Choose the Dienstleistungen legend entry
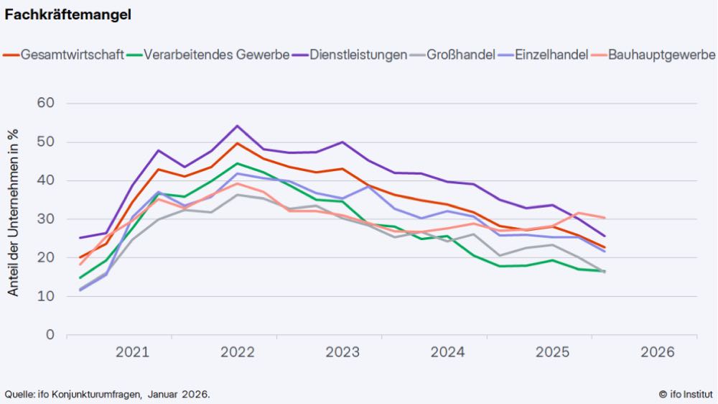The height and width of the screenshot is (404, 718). point(358,55)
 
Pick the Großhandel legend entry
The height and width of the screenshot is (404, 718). point(460,55)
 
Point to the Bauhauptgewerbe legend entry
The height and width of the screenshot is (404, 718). point(661,55)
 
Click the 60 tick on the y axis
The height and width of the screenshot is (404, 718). point(46,104)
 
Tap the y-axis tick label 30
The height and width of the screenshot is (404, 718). point(46,219)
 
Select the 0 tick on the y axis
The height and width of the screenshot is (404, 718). point(50,335)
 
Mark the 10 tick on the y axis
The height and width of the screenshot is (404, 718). point(46,296)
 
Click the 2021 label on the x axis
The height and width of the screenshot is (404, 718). point(132,352)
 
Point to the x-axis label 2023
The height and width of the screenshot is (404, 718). point(342,352)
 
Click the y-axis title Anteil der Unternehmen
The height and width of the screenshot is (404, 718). point(13,213)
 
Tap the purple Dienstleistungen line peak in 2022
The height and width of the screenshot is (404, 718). point(237,126)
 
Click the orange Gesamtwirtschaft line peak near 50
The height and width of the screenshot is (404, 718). point(237,143)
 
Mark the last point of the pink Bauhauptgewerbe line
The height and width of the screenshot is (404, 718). point(604,218)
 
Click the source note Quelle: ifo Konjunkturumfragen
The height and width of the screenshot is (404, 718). point(108,394)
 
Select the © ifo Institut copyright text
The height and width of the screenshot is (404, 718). point(686,394)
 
